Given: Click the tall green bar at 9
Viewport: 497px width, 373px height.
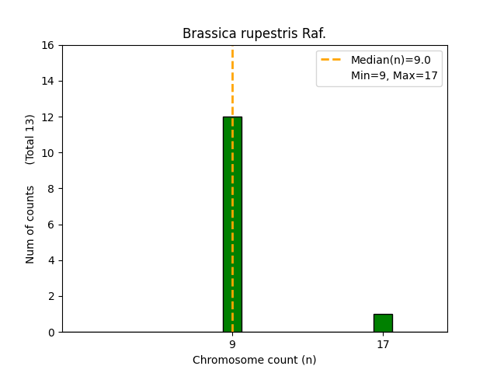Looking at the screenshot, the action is pyautogui.click(x=232, y=225).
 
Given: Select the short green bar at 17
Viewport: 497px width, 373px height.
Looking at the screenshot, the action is pyautogui.click(x=383, y=323).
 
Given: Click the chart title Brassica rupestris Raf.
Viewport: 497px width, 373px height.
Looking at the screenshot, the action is pyautogui.click(x=254, y=33).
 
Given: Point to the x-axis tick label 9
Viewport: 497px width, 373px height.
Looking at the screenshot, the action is pyautogui.click(x=232, y=344).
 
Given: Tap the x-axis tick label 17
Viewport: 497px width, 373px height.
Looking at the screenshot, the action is pyautogui.click(x=383, y=344).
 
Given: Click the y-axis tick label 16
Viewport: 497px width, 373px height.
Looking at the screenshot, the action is pyautogui.click(x=48, y=45).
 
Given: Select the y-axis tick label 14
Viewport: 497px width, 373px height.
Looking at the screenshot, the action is pyautogui.click(x=48, y=81).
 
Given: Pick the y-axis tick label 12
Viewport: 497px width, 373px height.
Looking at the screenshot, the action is pyautogui.click(x=48, y=117).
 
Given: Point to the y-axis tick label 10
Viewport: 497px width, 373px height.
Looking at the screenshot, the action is pyautogui.click(x=48, y=153).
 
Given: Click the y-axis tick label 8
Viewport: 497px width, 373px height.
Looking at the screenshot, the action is pyautogui.click(x=51, y=189).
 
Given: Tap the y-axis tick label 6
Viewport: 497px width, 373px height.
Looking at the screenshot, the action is pyautogui.click(x=51, y=225).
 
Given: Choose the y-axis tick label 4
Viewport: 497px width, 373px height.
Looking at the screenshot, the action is pyautogui.click(x=51, y=260).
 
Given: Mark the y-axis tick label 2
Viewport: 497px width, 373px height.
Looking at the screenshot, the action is pyautogui.click(x=51, y=296).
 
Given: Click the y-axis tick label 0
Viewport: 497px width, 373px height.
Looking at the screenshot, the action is pyautogui.click(x=51, y=333).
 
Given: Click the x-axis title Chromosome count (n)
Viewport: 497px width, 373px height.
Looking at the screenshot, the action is pyautogui.click(x=254, y=360).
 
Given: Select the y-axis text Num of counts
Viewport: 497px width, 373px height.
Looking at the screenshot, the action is pyautogui.click(x=30, y=225).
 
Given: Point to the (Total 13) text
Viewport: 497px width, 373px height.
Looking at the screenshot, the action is pyautogui.click(x=30, y=140).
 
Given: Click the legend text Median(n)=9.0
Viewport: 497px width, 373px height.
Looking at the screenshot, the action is pyautogui.click(x=391, y=60).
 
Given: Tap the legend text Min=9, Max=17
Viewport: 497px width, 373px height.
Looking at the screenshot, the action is pyautogui.click(x=394, y=75).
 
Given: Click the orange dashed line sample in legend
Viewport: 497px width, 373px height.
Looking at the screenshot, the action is pyautogui.click(x=331, y=59).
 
